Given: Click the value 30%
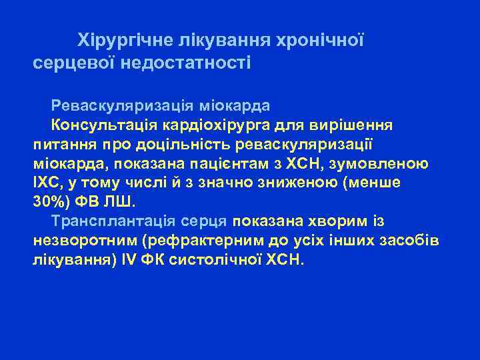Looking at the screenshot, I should coord(47,201).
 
